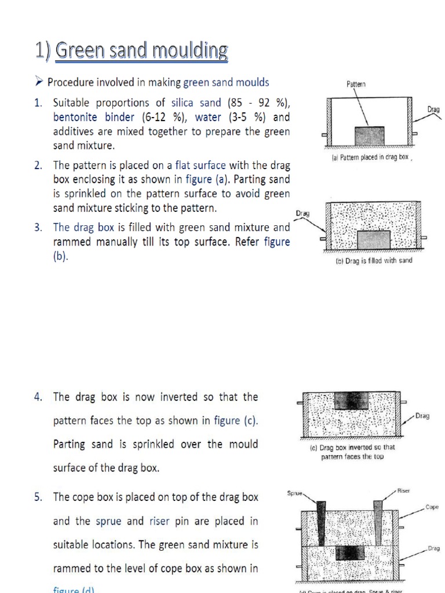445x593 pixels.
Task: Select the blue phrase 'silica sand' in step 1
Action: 196,103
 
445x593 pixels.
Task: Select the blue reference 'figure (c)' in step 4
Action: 235,420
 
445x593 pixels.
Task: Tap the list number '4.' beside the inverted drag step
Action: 38,397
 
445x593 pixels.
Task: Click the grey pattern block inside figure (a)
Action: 369,136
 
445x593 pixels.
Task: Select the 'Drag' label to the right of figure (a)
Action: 433,109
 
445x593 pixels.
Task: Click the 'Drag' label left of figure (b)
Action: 302,213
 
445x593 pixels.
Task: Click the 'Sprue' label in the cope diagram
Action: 296,493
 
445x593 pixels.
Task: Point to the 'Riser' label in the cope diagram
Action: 403,490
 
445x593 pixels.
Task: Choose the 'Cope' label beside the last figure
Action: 432,507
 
